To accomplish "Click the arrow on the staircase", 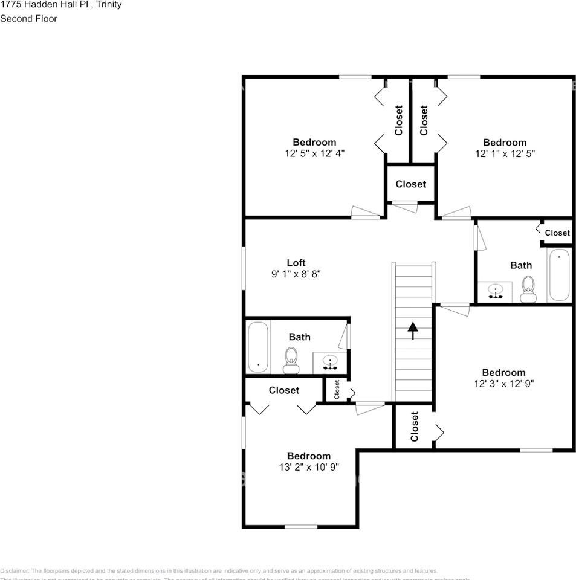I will (x=413, y=330).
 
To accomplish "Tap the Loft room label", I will (x=296, y=263).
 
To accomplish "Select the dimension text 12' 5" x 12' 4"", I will (x=314, y=153).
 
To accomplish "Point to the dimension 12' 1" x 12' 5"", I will (x=504, y=153).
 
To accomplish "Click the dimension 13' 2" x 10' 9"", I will (x=308, y=466).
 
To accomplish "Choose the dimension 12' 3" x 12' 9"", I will (x=503, y=383).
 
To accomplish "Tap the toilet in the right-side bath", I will (x=528, y=289).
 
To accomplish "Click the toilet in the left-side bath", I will (x=291, y=360).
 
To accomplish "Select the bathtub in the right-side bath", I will (x=559, y=275).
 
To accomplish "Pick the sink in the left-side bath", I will (x=330, y=363).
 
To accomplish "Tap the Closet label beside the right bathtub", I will (x=557, y=233).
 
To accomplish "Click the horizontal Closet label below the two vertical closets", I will (x=410, y=184).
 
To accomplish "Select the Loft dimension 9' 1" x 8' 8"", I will (x=296, y=274).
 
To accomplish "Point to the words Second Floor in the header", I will (x=28, y=19).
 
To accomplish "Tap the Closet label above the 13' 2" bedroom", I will (x=283, y=390).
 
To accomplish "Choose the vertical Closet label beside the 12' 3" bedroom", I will (x=415, y=427).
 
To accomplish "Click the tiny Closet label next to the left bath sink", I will (x=337, y=390).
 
